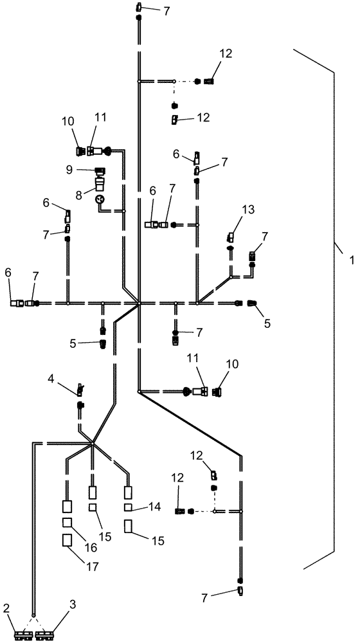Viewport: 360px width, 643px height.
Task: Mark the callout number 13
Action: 248,209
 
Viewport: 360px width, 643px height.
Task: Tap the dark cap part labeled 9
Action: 100,170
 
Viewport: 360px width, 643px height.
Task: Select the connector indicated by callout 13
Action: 233,237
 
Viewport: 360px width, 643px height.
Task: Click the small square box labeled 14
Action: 129,507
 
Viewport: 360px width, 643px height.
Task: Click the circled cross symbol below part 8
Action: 100,201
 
